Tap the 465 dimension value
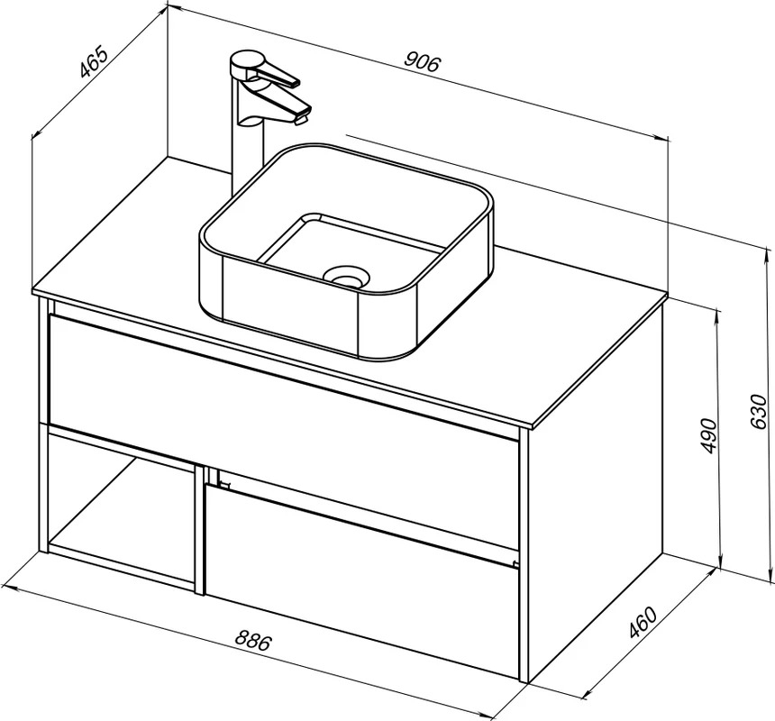click(94, 62)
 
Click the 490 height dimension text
click(709, 435)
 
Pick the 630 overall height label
click(758, 411)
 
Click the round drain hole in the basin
click(346, 277)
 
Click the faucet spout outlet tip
click(300, 119)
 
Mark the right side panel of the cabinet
click(596, 499)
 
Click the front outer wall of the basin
click(292, 306)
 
